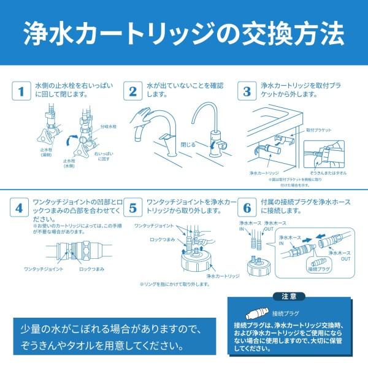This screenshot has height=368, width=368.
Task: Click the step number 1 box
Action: (x=21, y=91)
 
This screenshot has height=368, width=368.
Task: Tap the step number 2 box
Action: (x=132, y=91)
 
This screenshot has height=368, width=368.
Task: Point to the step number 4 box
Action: (x=21, y=209)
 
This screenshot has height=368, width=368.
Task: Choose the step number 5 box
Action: (x=132, y=209)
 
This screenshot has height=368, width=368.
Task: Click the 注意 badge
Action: (x=289, y=296)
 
